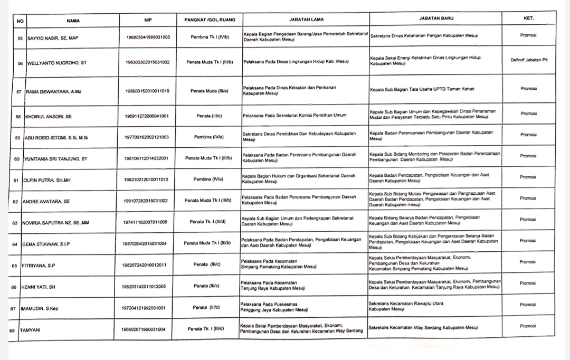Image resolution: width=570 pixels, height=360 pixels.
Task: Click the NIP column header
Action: point(148,20)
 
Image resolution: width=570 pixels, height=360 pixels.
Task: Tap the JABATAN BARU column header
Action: point(436,18)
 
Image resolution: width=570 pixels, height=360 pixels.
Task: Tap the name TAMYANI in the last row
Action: point(31,330)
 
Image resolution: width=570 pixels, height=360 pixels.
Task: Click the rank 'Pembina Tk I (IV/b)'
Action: point(207,37)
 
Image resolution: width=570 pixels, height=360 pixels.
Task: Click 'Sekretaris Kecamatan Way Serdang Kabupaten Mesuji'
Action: point(423,328)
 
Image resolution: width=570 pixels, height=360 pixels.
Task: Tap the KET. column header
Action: point(528,17)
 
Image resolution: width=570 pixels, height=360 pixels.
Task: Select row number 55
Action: point(21,38)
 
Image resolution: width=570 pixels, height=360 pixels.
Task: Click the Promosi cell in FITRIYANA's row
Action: point(527,262)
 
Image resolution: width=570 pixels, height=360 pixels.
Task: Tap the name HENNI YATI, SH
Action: point(42,287)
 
